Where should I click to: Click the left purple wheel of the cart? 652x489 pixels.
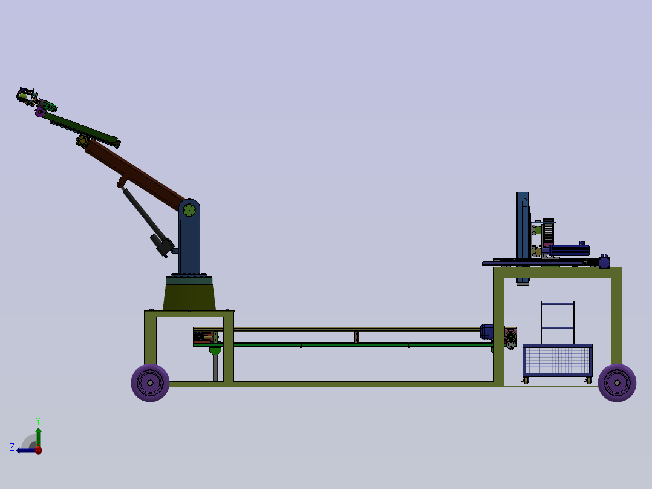(150, 382)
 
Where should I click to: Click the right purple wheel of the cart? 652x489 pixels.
(617, 382)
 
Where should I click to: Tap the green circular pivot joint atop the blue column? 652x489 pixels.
(189, 210)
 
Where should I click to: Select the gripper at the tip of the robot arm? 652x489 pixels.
(25, 96)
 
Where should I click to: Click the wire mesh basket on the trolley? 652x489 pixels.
(557, 360)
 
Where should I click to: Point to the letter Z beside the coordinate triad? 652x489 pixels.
(12, 447)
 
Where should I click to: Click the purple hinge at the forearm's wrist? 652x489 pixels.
(41, 112)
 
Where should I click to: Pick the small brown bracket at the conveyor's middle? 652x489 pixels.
(356, 336)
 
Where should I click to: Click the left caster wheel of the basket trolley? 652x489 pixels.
(526, 380)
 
